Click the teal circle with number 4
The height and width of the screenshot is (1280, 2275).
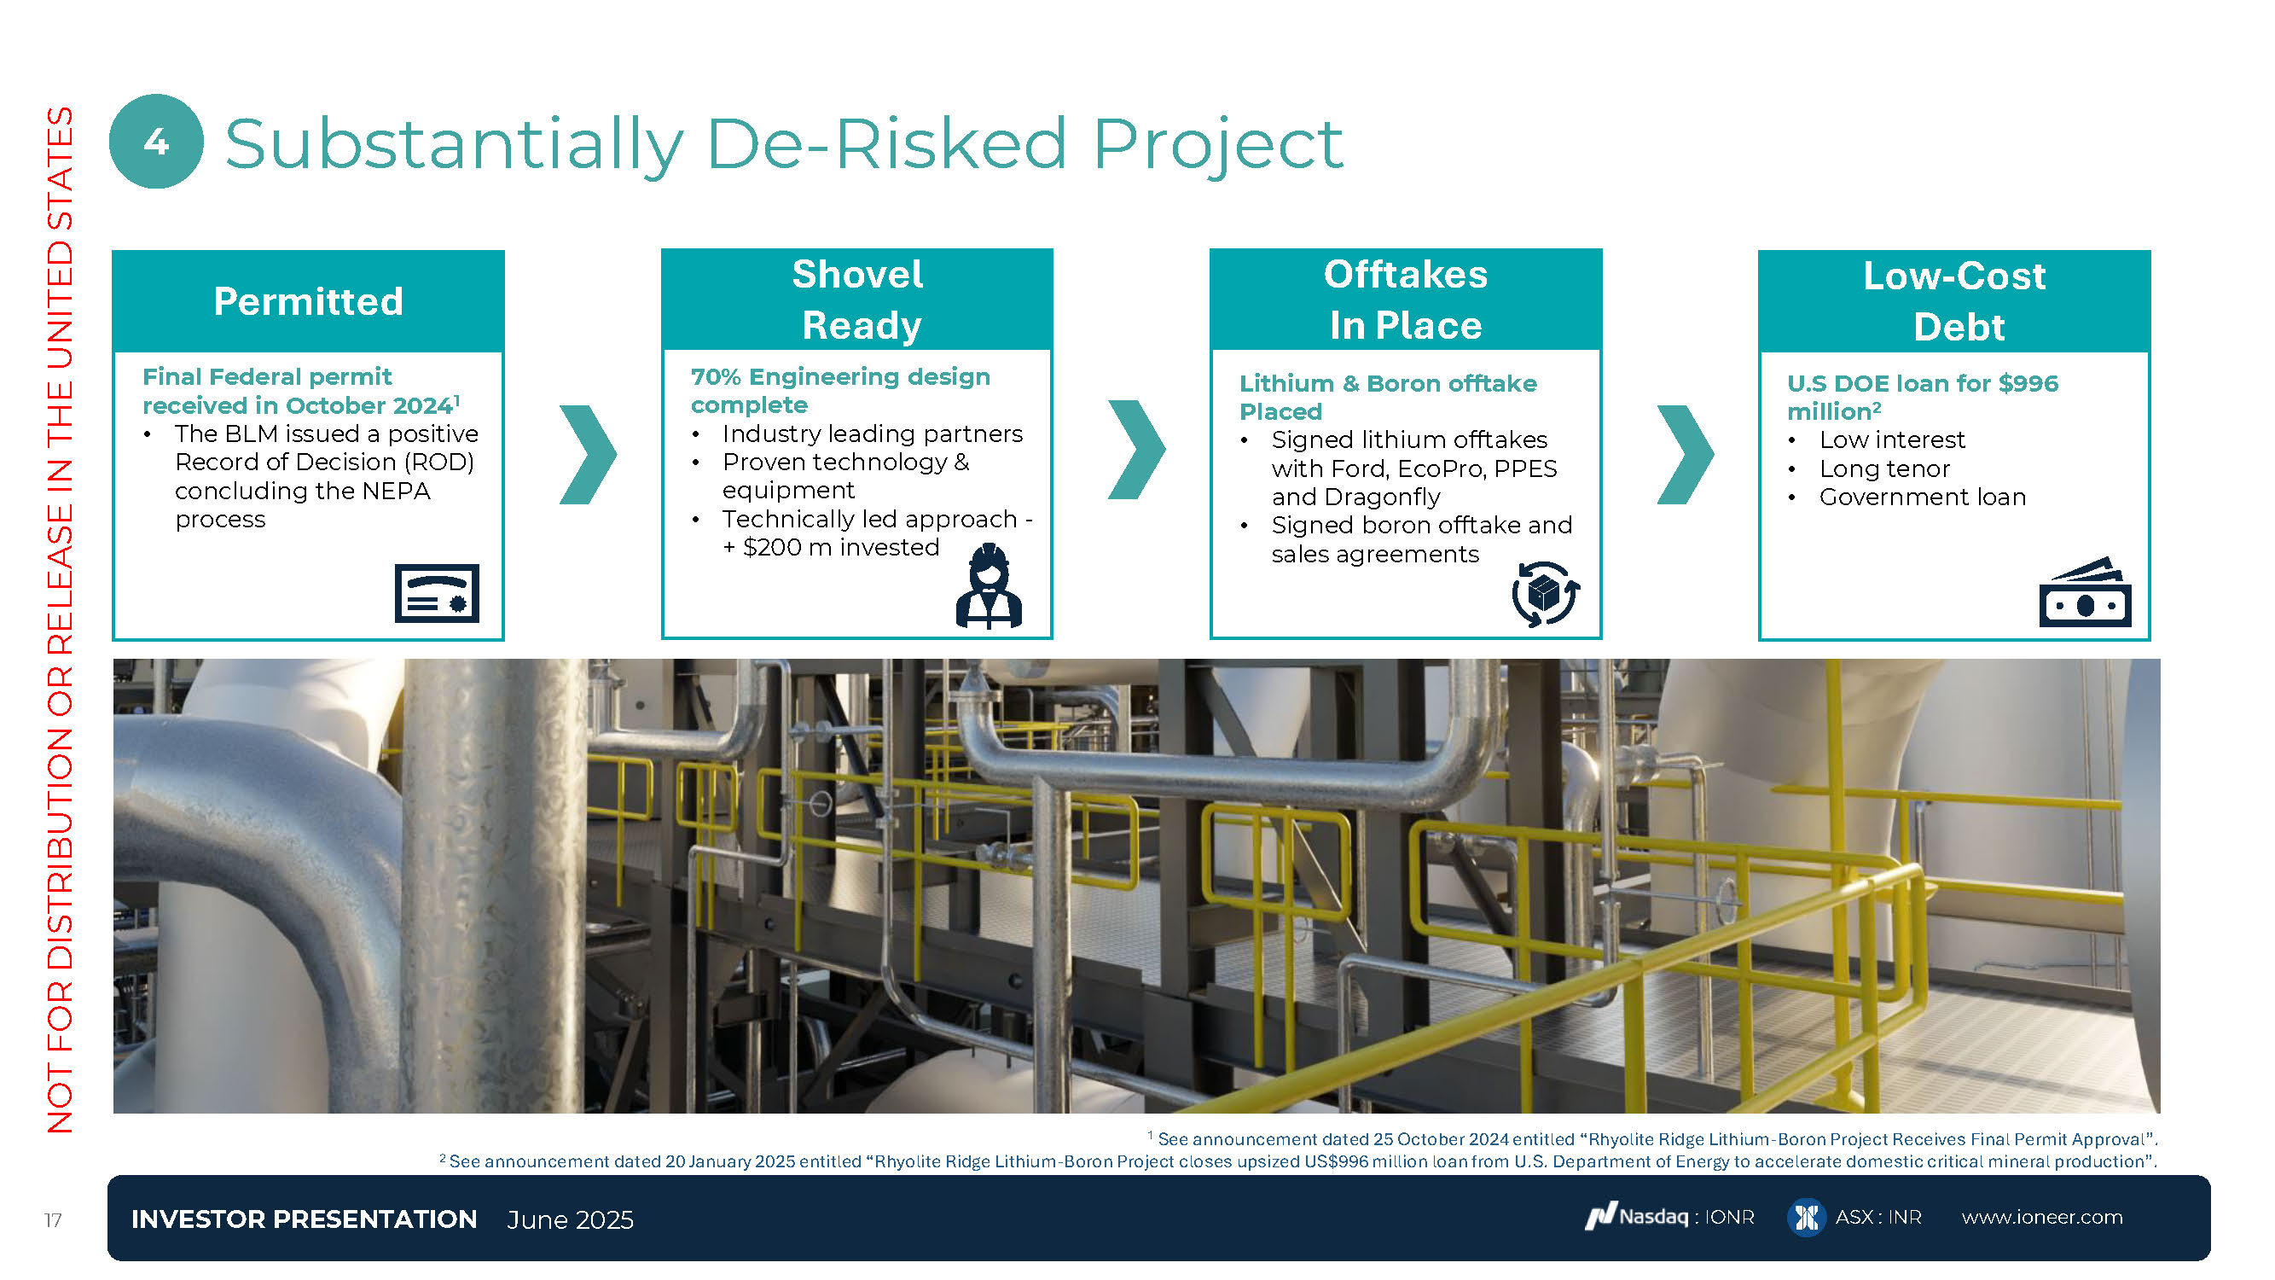click(156, 142)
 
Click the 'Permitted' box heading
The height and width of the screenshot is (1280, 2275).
click(308, 301)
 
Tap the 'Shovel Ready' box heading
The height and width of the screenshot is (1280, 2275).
click(858, 300)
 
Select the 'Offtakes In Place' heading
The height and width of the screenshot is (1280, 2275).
click(1406, 300)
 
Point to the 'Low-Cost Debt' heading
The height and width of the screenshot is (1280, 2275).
click(1954, 301)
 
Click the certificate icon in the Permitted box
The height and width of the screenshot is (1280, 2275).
click(437, 593)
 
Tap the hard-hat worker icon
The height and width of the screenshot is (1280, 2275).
click(990, 585)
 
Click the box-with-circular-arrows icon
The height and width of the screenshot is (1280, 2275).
click(1546, 594)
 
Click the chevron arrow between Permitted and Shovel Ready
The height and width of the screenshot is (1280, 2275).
click(589, 455)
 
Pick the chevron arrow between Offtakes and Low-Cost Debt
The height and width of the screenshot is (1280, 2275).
click(1685, 455)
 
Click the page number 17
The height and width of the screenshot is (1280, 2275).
click(53, 1220)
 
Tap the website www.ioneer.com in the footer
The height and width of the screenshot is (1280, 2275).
click(2042, 1218)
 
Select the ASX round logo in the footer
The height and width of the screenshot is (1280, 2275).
click(1806, 1218)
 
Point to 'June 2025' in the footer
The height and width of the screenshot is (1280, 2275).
click(571, 1220)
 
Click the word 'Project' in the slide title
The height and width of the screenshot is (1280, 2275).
click(1219, 145)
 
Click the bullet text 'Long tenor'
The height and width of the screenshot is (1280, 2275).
click(1883, 468)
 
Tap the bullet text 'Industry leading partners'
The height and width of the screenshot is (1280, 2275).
click(873, 433)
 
